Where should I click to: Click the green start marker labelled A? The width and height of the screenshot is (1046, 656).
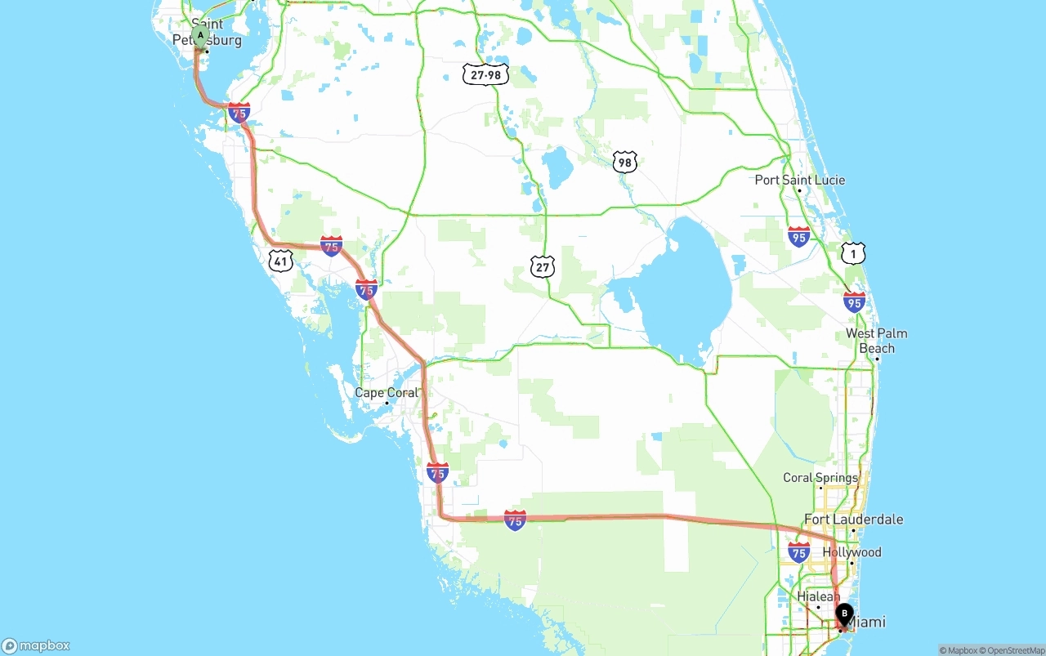pos(200,35)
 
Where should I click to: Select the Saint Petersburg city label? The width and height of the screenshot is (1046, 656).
pos(208,33)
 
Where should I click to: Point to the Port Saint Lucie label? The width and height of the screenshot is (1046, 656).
pos(800,180)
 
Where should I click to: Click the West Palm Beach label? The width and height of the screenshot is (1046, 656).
pos(876,341)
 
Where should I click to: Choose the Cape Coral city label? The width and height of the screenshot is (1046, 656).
pos(387,393)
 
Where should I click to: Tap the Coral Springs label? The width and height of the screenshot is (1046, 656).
pos(820,478)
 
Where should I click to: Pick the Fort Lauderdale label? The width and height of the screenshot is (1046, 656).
pos(854,520)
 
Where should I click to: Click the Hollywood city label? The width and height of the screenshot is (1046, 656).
pos(852,552)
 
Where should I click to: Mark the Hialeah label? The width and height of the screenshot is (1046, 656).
pos(818,597)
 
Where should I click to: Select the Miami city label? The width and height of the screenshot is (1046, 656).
pos(867,623)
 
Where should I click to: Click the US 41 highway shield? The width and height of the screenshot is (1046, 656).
pos(280,261)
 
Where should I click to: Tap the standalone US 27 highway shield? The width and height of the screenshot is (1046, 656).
pos(543,266)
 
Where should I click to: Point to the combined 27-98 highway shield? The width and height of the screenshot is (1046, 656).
pos(485,75)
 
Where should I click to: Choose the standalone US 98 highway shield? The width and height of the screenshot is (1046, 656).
pos(625,161)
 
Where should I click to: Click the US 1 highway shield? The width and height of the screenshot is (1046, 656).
pos(853,253)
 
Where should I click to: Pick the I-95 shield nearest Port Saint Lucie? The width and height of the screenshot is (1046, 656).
pos(799,237)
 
